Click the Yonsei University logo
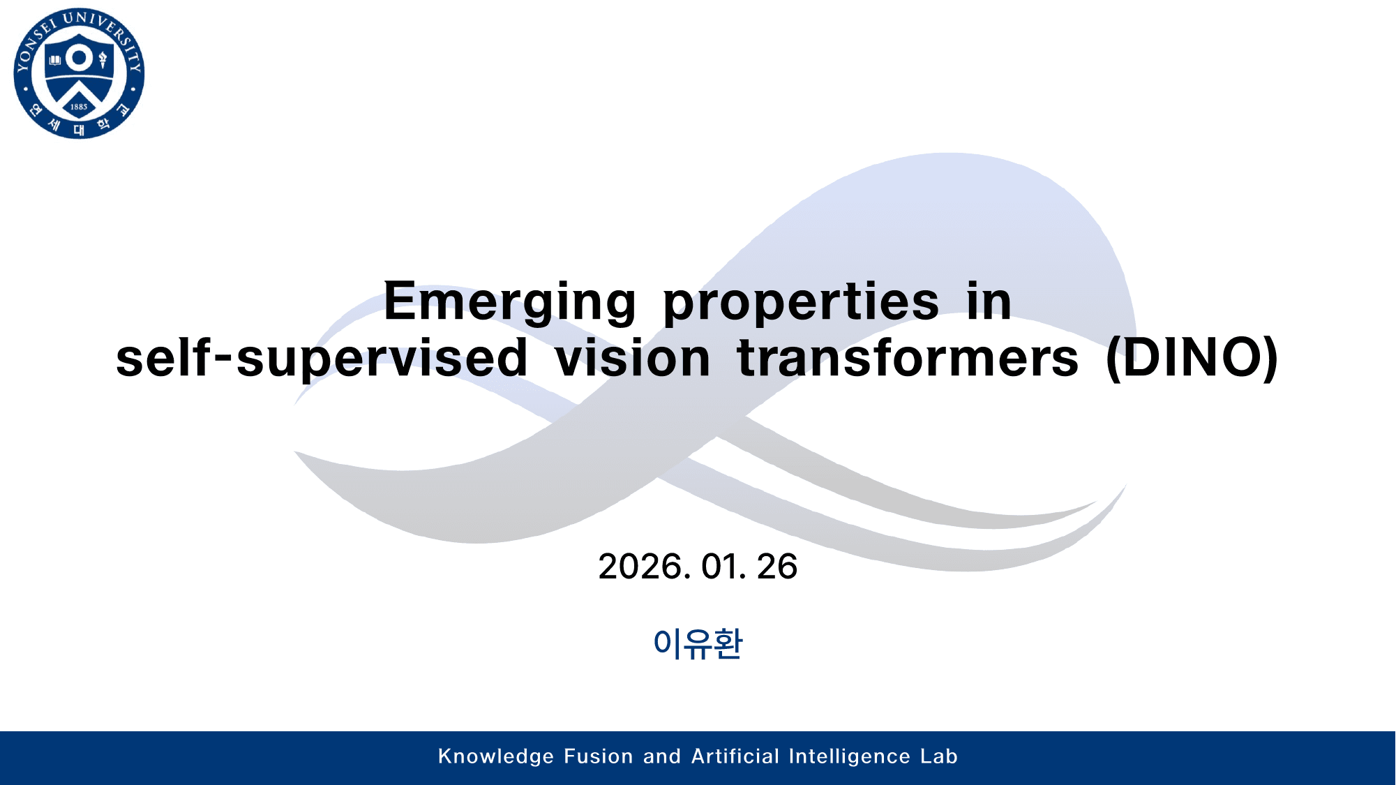pyautogui.click(x=79, y=73)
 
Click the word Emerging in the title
pyautogui.click(x=509, y=301)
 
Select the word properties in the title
pyautogui.click(x=801, y=301)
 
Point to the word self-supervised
pyautogui.click(x=321, y=358)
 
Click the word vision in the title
pyautogui.click(x=632, y=358)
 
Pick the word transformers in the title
pyautogui.click(x=907, y=358)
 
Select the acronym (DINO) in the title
pyautogui.click(x=1192, y=358)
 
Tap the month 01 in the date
pyautogui.click(x=720, y=566)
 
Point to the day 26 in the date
pyautogui.click(x=776, y=566)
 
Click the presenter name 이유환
pyautogui.click(x=698, y=643)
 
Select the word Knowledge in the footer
pyautogui.click(x=495, y=756)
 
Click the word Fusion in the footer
pyautogui.click(x=598, y=756)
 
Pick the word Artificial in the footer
pyautogui.click(x=735, y=756)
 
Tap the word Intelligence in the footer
pyautogui.click(x=849, y=756)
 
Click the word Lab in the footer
pyautogui.click(x=938, y=756)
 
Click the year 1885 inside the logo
pyautogui.click(x=79, y=107)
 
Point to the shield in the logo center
pyautogui.click(x=79, y=77)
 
